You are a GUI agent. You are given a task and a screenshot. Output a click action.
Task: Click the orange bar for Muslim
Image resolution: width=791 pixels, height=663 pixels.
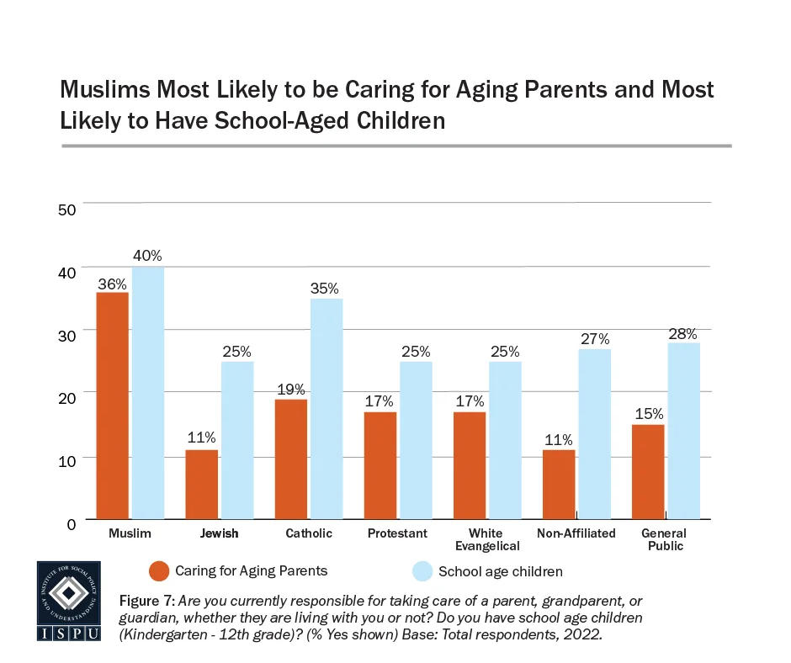tap(113, 406)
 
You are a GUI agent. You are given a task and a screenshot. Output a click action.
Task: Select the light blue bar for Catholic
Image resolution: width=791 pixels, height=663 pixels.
tap(327, 409)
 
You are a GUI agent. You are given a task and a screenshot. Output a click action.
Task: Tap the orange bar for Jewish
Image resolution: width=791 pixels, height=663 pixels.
tap(202, 485)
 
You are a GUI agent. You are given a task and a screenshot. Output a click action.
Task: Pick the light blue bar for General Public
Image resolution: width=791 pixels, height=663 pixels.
tap(684, 431)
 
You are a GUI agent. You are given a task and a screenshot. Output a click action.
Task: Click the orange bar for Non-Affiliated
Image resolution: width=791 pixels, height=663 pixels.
tap(559, 485)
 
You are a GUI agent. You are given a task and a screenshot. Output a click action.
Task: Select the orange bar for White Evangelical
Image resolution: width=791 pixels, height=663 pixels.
tap(470, 465)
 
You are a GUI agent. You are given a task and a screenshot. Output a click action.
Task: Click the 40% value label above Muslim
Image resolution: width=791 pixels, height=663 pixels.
tap(147, 256)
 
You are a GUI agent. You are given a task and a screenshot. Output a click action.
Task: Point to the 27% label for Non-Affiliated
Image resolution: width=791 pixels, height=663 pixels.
tap(594, 339)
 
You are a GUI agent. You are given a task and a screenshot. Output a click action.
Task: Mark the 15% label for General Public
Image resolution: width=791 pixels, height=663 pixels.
tap(649, 414)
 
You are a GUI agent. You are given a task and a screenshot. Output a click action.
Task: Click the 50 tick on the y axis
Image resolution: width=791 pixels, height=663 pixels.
tap(67, 209)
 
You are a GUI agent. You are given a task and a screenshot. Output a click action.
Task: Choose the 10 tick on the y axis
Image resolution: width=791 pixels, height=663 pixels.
tap(67, 459)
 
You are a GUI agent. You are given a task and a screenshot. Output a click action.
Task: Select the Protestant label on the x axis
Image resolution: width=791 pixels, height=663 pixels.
tap(398, 533)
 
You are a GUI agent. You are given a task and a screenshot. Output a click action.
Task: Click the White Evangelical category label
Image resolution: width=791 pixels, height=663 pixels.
tap(486, 539)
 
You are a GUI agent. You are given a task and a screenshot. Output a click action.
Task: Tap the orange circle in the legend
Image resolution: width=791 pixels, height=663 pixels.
tap(159, 571)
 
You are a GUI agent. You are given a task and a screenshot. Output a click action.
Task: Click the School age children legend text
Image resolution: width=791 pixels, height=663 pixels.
tap(501, 572)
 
